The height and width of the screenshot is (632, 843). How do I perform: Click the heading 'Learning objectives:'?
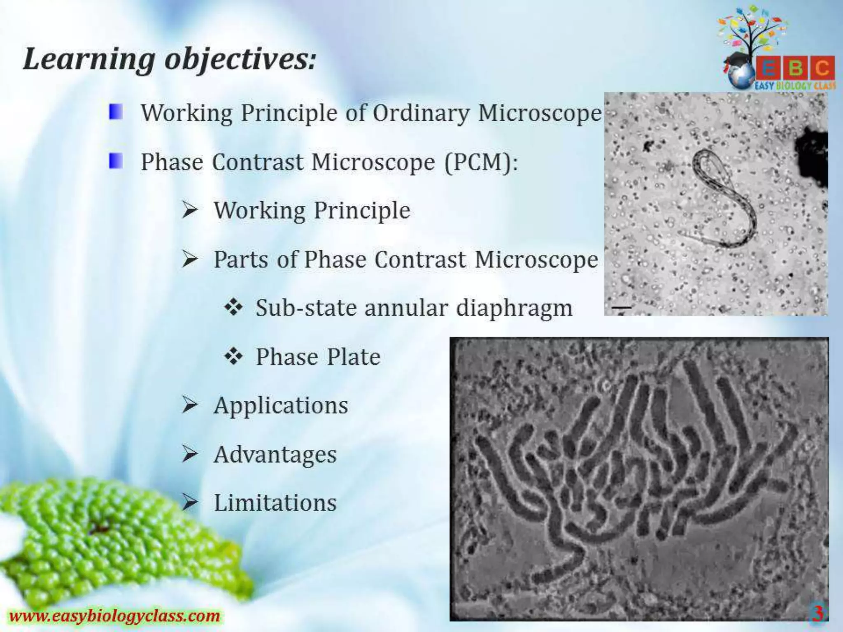pos(170,60)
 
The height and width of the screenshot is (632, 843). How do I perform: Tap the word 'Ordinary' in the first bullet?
pos(421,113)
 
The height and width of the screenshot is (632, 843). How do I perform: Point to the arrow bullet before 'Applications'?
pos(190,406)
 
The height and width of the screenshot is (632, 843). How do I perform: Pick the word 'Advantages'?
pos(275,455)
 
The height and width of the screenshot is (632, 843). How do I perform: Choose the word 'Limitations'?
pos(275,503)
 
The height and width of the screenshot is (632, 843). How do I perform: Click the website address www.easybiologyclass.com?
pos(114,616)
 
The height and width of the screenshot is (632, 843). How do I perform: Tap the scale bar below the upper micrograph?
pos(621,307)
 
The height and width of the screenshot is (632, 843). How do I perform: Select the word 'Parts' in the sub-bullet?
pos(240,260)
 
